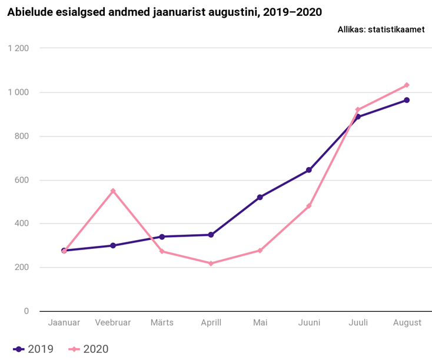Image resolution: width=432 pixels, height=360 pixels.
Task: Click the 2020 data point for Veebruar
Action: coord(113,191)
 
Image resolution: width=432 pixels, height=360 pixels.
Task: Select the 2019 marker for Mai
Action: coord(260,197)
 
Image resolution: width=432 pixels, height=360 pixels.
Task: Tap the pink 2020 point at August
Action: coord(407,85)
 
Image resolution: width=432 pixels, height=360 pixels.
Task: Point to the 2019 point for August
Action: coord(407,100)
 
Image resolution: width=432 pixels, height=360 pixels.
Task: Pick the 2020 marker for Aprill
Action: coord(211,264)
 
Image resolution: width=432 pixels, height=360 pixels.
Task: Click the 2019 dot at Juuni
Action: coord(309,170)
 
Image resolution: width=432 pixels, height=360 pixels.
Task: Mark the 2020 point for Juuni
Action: coord(309,206)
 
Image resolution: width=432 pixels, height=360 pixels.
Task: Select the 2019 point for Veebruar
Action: coord(113,245)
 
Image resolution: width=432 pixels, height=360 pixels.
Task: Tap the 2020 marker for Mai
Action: coord(260,251)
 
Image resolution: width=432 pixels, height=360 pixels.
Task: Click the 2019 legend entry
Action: coord(33,349)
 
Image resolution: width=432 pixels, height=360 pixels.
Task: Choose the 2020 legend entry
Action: coord(88,349)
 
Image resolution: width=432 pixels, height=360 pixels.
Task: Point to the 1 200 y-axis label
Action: coord(18,48)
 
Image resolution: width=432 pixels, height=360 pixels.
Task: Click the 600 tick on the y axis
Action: coord(22,180)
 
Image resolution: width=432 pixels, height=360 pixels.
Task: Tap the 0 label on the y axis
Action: coord(26,311)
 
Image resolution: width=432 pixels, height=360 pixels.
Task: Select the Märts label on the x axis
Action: coord(162,322)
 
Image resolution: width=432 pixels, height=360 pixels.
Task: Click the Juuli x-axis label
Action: coord(358,322)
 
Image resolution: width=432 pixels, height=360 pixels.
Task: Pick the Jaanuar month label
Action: coord(64,322)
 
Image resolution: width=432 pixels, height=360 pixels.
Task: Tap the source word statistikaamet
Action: coord(396,29)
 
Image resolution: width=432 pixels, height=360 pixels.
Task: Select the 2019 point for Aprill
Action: coord(211,235)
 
